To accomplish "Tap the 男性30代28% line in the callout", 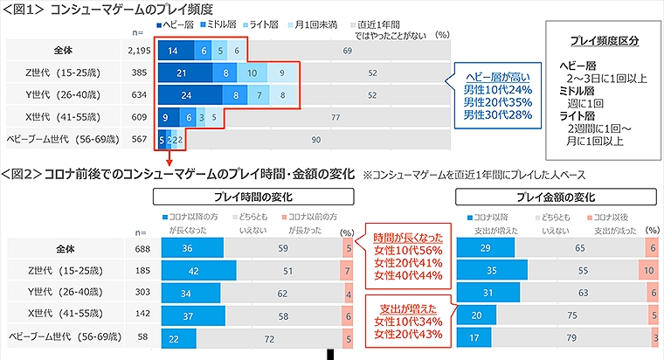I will (497, 114).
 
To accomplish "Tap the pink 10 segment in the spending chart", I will (649, 270).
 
